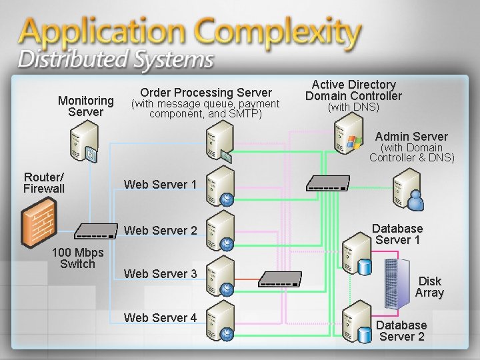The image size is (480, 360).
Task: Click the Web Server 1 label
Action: tap(160, 184)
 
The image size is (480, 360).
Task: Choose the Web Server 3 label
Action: tap(160, 274)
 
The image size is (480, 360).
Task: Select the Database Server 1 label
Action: tap(397, 234)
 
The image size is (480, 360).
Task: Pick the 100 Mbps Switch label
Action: tap(78, 258)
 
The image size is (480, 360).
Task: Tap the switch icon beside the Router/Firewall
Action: tap(94, 231)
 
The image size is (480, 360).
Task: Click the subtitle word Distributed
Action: tap(66, 60)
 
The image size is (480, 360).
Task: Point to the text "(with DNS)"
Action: tap(353, 107)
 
